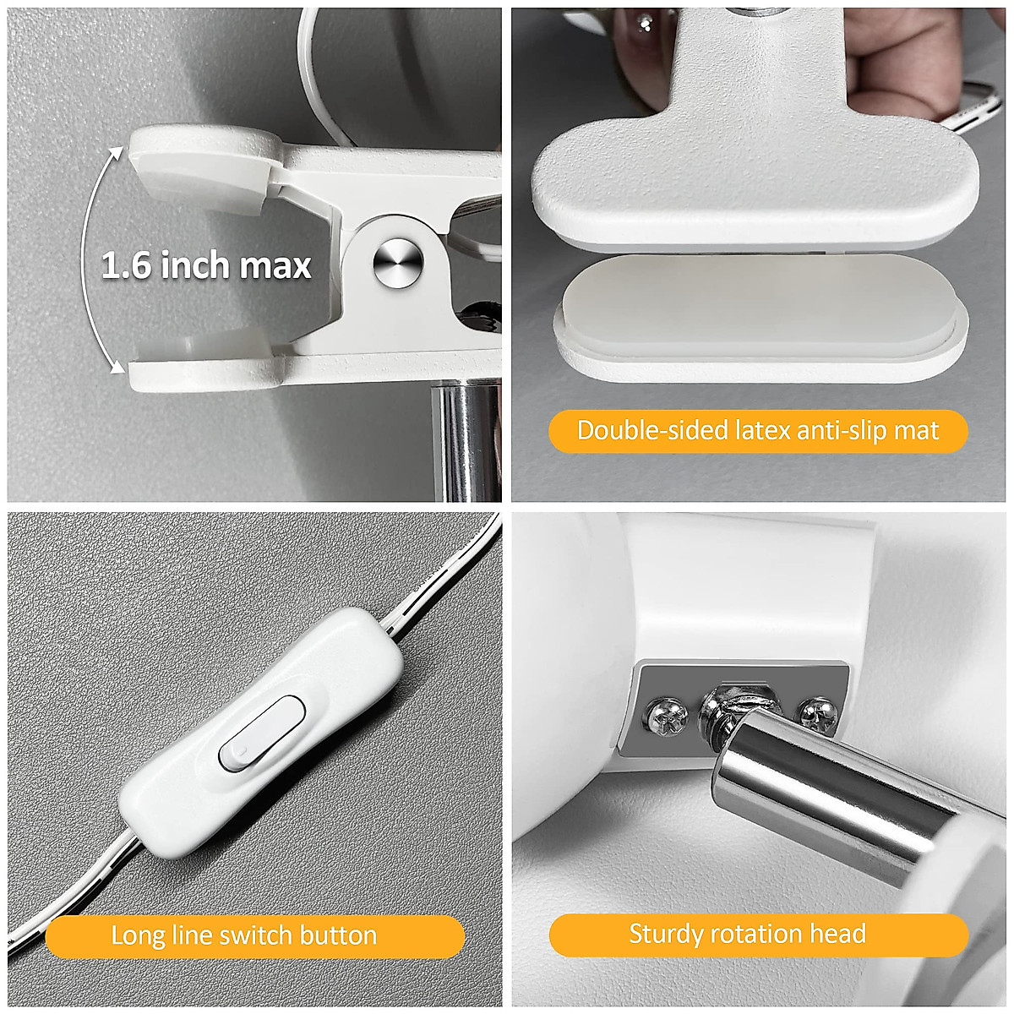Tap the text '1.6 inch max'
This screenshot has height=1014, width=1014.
coord(206,265)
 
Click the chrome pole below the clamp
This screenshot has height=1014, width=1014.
coord(465,439)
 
